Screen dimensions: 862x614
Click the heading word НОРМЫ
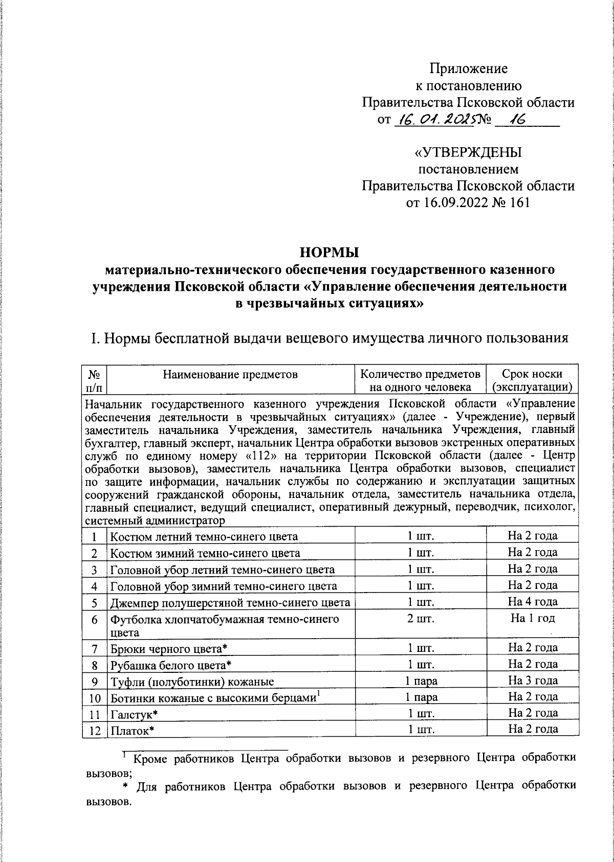(x=330, y=252)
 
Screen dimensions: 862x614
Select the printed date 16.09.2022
(x=448, y=202)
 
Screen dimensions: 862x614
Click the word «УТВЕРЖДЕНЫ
(x=468, y=152)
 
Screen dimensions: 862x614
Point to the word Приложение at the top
(x=469, y=68)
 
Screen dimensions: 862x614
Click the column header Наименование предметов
(x=230, y=374)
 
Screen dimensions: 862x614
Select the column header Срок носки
(x=532, y=374)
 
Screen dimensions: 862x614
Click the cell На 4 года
(x=533, y=601)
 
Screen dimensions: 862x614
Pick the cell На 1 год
(x=533, y=618)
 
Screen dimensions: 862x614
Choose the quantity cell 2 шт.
(x=421, y=619)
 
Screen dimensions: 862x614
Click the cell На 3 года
(x=533, y=680)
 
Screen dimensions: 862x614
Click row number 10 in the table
(x=94, y=697)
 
